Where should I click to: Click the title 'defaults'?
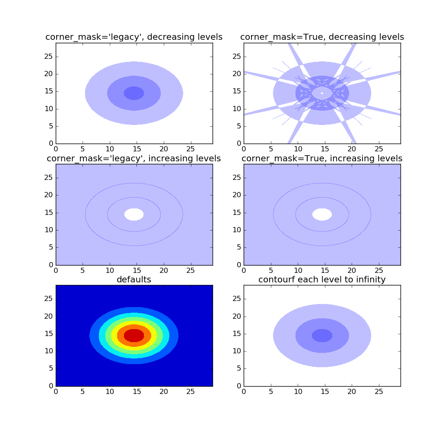click(x=134, y=279)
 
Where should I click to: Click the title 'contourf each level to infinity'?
click(x=322, y=279)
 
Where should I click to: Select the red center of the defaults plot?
click(x=134, y=336)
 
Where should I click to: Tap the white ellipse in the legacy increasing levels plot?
click(x=134, y=214)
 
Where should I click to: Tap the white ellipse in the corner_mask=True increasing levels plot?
click(x=322, y=214)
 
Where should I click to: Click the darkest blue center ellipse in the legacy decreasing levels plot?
click(x=134, y=93)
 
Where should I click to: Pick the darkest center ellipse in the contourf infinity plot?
click(x=322, y=336)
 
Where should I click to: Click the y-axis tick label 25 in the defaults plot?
click(x=48, y=298)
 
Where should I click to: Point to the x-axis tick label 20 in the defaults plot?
click(x=164, y=391)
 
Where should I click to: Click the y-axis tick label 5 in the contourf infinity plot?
click(x=239, y=368)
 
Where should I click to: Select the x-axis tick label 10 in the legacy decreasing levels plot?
click(x=110, y=149)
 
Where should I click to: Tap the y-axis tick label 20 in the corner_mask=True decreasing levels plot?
click(x=237, y=74)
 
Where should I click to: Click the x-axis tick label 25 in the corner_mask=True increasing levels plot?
click(x=379, y=270)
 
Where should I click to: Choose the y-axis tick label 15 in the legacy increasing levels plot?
click(x=48, y=212)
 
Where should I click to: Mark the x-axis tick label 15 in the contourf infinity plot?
click(x=325, y=391)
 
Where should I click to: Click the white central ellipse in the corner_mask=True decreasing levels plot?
click(x=322, y=93)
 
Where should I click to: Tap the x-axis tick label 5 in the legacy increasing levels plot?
click(x=83, y=270)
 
